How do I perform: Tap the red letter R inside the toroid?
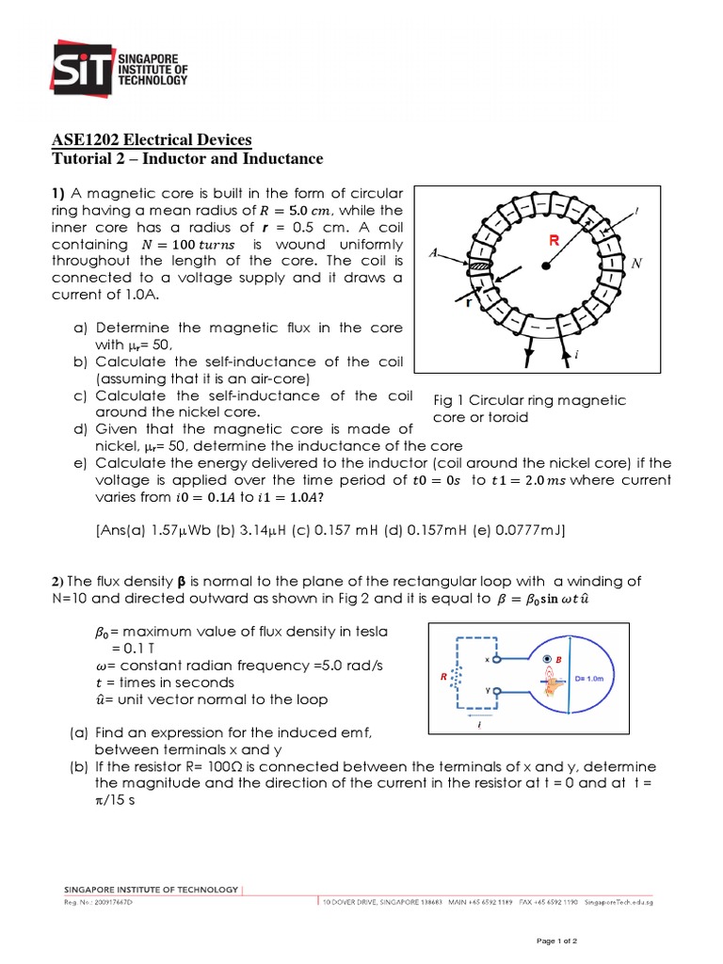click(x=554, y=241)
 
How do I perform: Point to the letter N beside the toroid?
click(x=636, y=265)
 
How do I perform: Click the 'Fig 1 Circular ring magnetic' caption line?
click(x=529, y=400)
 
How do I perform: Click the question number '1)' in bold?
click(x=59, y=193)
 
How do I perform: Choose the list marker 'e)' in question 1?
click(x=80, y=463)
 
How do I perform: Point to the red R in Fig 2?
click(x=442, y=676)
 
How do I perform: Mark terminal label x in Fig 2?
click(x=487, y=659)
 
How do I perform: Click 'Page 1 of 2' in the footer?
click(x=561, y=940)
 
